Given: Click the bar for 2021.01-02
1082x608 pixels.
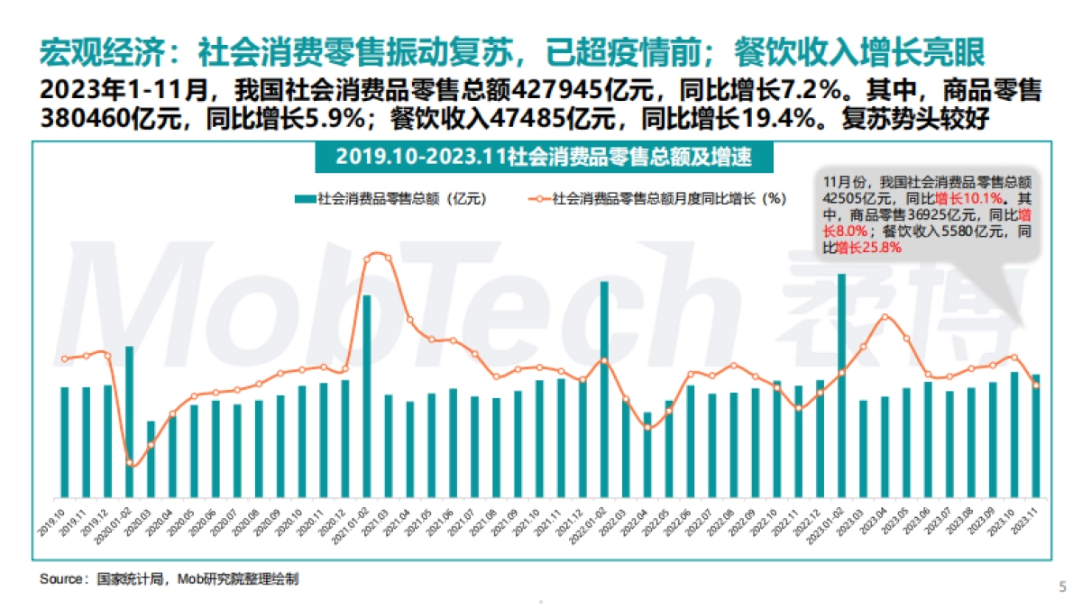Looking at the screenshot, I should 367,396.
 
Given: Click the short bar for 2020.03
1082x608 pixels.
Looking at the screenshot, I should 151,459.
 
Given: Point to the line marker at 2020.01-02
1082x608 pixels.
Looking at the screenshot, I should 131,463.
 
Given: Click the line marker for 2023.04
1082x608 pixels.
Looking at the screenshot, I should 885,316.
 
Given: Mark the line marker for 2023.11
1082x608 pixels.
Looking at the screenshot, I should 1036,386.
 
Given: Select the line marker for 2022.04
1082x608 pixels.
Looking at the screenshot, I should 648,427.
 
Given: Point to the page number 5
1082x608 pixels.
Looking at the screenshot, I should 1061,586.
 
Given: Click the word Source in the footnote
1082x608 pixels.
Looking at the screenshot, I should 60,579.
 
